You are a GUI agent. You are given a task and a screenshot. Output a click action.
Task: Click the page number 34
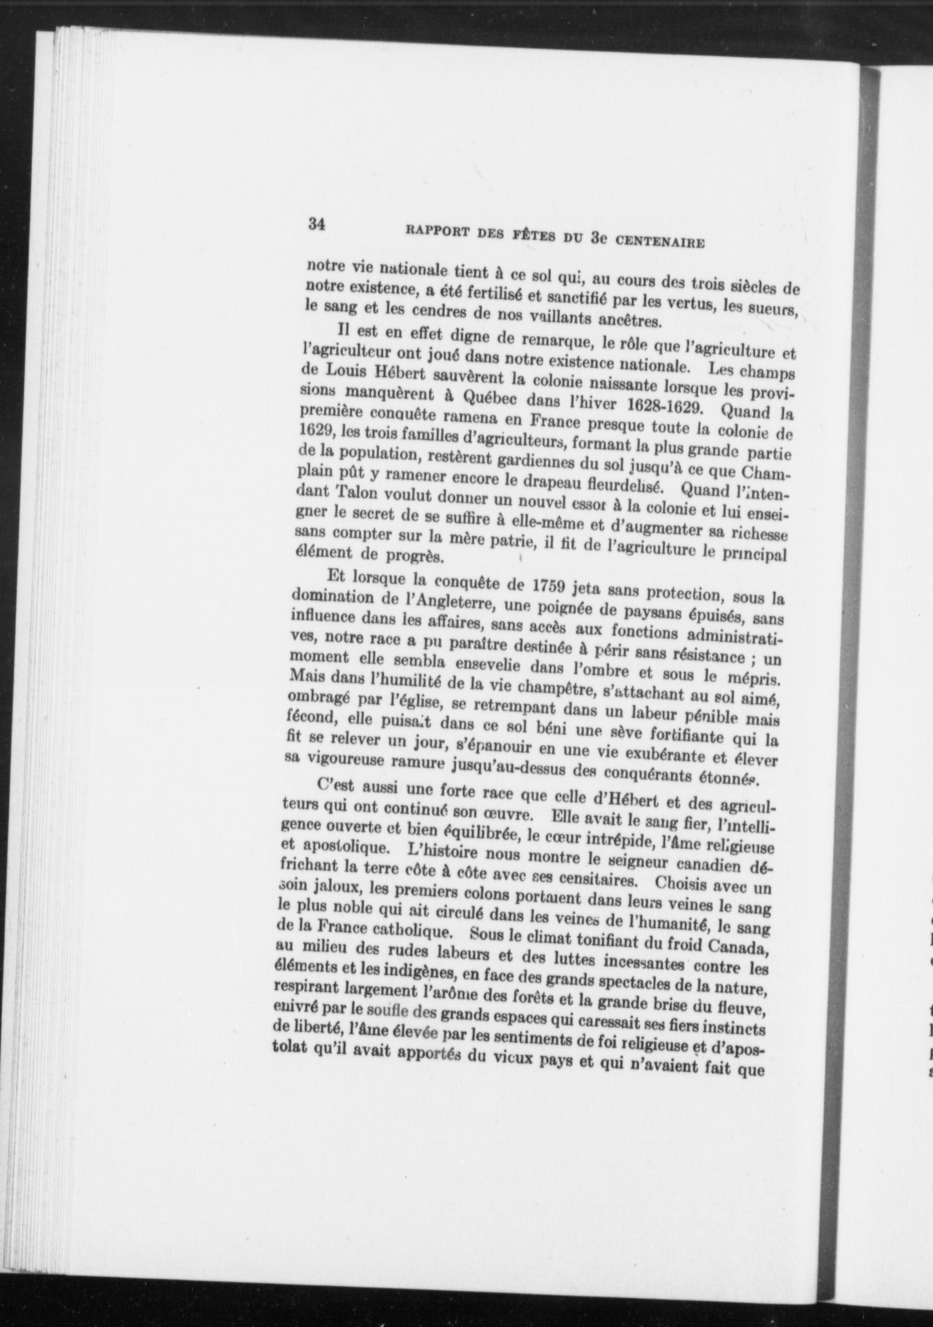[317, 225]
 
